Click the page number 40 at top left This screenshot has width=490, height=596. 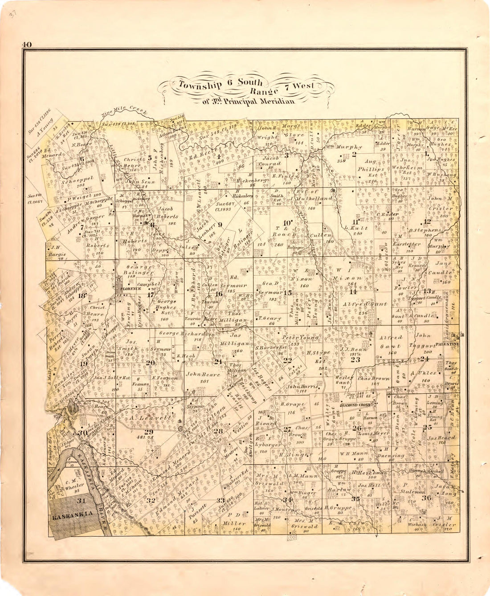coord(26,44)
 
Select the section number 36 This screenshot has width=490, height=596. coord(426,498)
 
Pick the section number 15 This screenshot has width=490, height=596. coord(288,293)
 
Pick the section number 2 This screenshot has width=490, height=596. coord(354,155)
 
